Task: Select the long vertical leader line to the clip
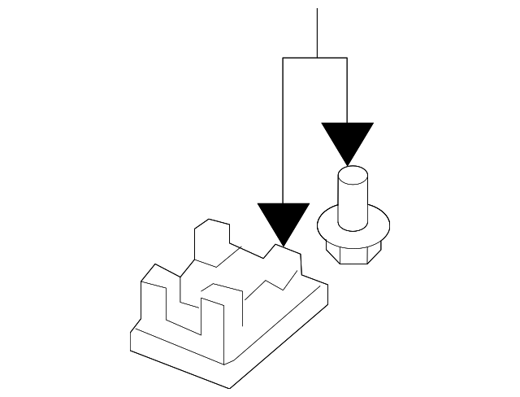click(282, 130)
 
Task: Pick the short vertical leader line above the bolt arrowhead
click(347, 89)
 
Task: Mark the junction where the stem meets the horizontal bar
click(317, 58)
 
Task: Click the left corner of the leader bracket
click(282, 58)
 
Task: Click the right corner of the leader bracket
click(347, 58)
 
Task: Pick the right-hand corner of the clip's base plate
click(327, 286)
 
